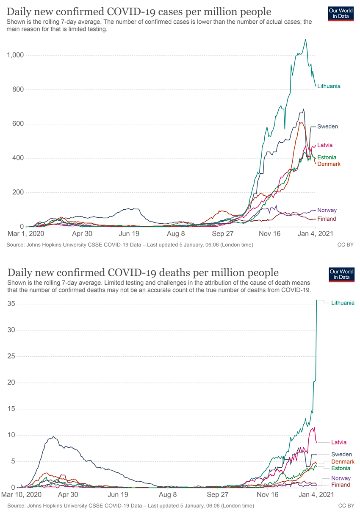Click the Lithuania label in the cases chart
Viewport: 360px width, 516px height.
coord(329,86)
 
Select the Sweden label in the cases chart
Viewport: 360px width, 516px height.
coord(327,127)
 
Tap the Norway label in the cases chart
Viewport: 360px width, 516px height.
coord(327,210)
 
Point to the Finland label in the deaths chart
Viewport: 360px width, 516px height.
coord(340,485)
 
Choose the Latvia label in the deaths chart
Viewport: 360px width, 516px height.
coord(339,442)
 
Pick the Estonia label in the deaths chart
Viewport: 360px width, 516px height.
coord(341,468)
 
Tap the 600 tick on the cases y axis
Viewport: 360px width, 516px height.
coord(18,124)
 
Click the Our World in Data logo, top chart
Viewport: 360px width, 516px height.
coord(341,14)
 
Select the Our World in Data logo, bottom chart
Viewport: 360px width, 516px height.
coord(341,274)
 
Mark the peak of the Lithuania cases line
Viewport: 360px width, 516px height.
coord(305,39)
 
